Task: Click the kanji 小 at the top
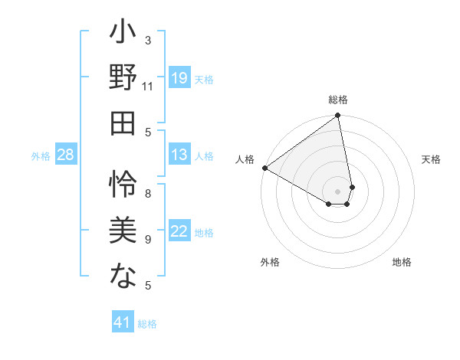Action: [123, 35]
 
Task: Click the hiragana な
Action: [123, 273]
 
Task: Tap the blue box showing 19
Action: [179, 77]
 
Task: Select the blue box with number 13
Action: [179, 155]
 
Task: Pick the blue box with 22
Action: [179, 231]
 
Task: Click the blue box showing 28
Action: [65, 155]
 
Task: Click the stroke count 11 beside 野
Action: [148, 86]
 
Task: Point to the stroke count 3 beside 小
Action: [147, 40]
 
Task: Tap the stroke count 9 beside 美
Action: [148, 240]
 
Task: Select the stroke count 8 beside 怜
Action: [148, 194]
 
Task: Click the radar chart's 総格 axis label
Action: [338, 100]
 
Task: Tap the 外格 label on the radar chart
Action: [270, 263]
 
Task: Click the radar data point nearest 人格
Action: [264, 168]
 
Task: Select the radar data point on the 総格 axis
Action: [337, 116]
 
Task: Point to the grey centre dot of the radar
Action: [338, 191]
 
